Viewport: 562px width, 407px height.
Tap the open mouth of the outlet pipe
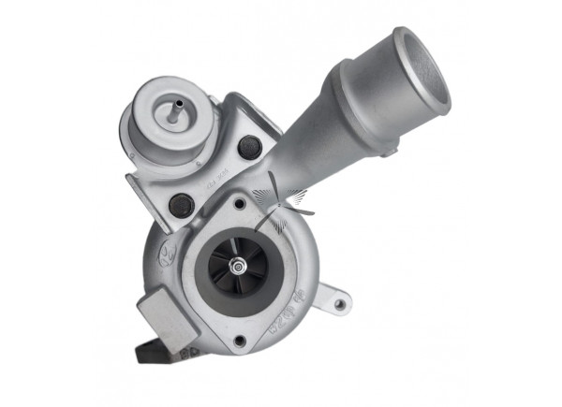pos(422,69)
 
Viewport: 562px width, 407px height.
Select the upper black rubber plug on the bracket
pos(249,147)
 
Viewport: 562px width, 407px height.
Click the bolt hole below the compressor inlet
pos(241,340)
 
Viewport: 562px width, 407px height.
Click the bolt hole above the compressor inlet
pos(240,203)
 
